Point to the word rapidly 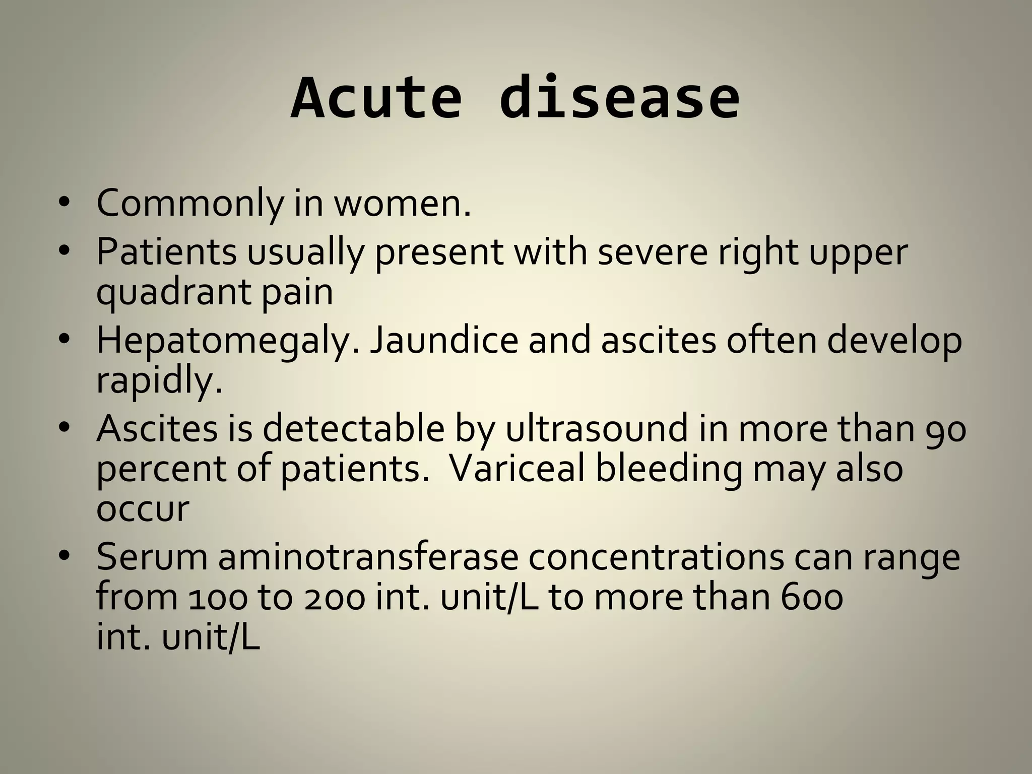click(x=159, y=381)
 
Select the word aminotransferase click(x=368, y=557)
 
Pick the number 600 click(x=811, y=598)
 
